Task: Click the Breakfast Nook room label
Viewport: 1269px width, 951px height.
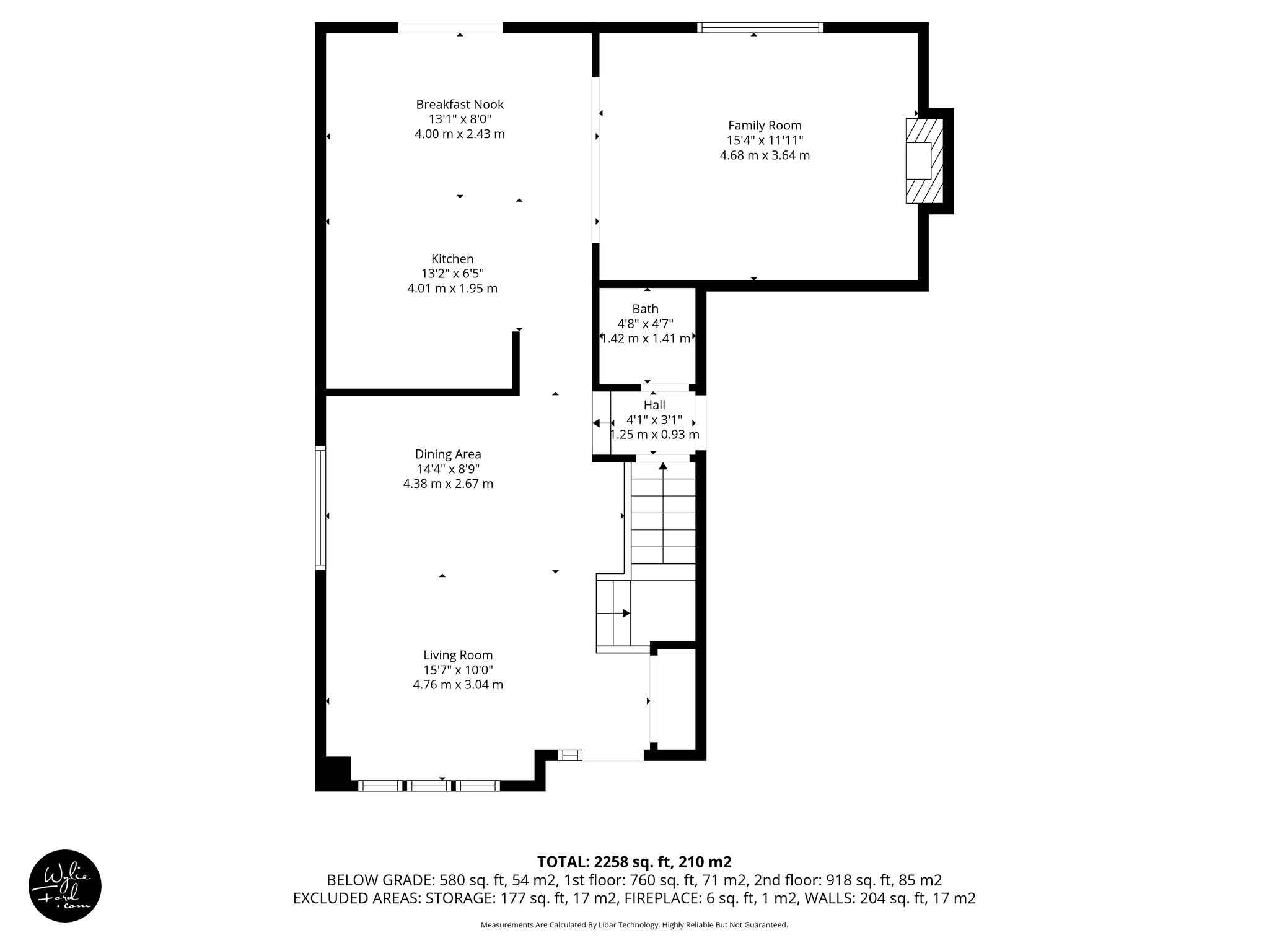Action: (460, 105)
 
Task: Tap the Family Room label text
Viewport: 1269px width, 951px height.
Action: (765, 126)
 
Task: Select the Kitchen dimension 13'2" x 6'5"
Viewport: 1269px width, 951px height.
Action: (452, 274)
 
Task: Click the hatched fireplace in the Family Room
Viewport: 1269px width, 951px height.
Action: (924, 161)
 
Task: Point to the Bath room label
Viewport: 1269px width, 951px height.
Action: (645, 309)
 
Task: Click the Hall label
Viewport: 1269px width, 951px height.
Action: (654, 405)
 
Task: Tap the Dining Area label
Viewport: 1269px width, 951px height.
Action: (448, 454)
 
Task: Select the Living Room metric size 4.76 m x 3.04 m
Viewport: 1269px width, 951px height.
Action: (458, 685)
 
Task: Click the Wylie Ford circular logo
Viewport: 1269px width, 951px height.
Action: (65, 885)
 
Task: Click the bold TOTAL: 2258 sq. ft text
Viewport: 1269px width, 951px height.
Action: (634, 862)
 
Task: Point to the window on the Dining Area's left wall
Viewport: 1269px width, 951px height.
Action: (320, 508)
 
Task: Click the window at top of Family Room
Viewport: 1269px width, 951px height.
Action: (760, 27)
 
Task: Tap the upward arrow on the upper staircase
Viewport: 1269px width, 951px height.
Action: (663, 466)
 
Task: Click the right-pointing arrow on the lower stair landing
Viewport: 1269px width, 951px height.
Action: (626, 613)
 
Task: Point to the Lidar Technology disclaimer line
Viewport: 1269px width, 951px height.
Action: (634, 925)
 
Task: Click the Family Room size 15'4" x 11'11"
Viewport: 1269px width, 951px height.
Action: (765, 141)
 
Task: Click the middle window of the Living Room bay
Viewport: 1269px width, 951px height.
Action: (429, 786)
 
